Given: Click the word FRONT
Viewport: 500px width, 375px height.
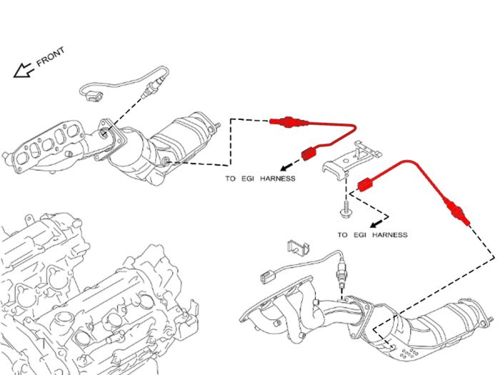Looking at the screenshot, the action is click(51, 56).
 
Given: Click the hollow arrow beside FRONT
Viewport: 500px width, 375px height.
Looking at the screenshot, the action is click(23, 71).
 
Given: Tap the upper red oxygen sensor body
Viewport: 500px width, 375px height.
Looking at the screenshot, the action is click(289, 121).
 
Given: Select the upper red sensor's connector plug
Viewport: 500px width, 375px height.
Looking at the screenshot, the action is click(309, 154).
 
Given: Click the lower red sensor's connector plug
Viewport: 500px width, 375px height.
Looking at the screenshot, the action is click(366, 185).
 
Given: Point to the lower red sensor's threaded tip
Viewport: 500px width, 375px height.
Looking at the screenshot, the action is click(466, 221).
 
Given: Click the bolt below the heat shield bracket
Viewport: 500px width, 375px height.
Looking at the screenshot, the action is click(345, 209).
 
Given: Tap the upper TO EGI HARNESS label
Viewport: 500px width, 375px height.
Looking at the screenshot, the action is click(260, 179).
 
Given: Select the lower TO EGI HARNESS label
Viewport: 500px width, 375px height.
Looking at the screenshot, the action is click(372, 235).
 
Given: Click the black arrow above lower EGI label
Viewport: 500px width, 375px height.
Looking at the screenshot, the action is click(377, 223).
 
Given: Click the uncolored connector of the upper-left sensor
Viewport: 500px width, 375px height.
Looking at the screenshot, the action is click(94, 96).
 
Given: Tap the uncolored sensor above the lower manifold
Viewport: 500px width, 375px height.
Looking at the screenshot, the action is click(341, 271).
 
